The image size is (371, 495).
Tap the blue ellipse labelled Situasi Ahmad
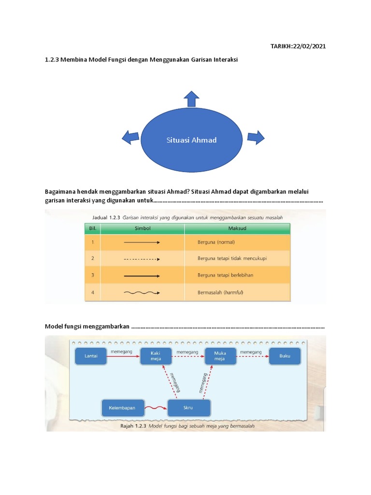192,140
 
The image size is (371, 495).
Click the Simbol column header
142,228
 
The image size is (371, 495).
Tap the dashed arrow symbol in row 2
142,259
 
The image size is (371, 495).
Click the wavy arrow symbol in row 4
142,292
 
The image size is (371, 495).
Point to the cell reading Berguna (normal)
216,242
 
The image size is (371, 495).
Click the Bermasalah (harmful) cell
220,292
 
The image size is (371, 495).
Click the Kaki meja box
155,356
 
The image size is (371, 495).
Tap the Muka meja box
220,356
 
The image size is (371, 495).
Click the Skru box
188,408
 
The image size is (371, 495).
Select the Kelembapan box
123,408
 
